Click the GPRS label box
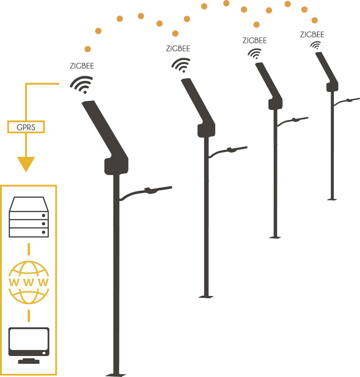[x=26, y=127]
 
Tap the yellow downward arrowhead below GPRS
[x=26, y=163]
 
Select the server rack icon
[x=29, y=218]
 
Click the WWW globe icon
[x=29, y=282]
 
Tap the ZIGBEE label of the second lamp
[x=178, y=49]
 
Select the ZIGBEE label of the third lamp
[x=255, y=41]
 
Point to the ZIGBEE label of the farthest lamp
[x=312, y=35]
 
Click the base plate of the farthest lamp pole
[x=332, y=199]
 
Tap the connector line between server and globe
[x=29, y=249]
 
